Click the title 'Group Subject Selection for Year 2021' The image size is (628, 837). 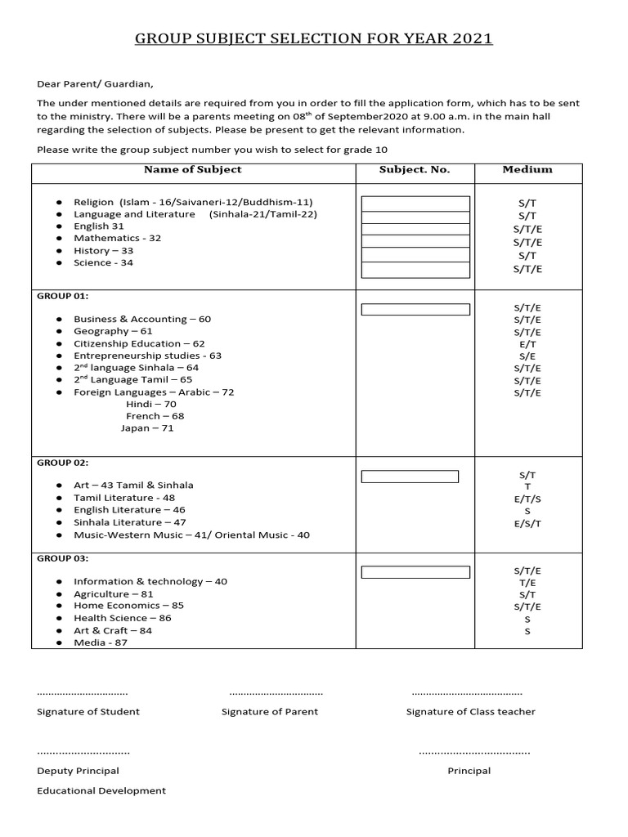coord(314,38)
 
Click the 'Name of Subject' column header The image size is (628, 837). coord(193,170)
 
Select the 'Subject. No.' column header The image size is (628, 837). coord(415,170)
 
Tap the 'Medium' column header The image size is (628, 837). coord(527,170)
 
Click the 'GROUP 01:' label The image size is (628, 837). coord(63,296)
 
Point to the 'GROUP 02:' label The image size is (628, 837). coord(63,463)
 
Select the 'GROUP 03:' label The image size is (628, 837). coord(63,559)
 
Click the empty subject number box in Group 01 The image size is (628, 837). coord(415,310)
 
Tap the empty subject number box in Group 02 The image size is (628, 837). coord(410,477)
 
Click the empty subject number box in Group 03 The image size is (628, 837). coord(415,572)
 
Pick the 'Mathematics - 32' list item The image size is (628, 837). coord(118,238)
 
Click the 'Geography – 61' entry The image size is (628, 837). coord(113,331)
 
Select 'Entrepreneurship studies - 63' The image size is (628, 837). coord(147,356)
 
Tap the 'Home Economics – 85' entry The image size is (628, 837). coord(128,606)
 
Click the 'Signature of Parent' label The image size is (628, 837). coord(270,712)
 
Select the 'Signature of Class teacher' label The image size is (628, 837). coord(471,712)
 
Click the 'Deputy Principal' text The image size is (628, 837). coord(78,771)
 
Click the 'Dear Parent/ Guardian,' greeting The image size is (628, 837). coord(95,83)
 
